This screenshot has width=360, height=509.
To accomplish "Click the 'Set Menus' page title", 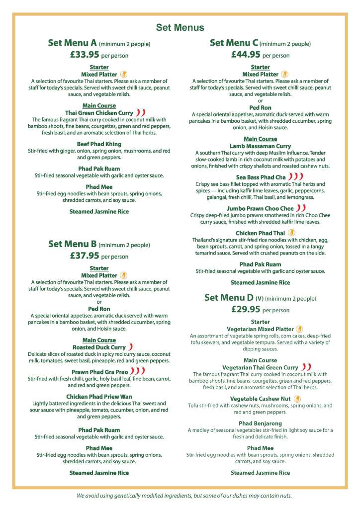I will click(180, 28).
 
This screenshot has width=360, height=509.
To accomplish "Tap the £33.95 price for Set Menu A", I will click(85, 55).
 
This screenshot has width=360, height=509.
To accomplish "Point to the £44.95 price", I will click(246, 55).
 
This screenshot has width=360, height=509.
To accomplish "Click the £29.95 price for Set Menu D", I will click(246, 309).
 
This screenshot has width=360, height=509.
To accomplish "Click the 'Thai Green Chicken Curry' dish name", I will click(99, 113).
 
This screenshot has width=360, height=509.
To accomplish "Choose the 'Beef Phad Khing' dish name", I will click(99, 144).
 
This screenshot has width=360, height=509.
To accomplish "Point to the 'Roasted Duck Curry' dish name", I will click(99, 347).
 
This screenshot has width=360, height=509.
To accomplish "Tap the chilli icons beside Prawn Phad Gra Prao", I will click(138, 370).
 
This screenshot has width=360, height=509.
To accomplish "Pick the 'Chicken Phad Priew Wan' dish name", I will click(99, 396).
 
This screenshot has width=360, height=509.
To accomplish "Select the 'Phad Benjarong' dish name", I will click(260, 424).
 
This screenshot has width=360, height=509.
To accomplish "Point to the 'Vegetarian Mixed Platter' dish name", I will click(260, 329).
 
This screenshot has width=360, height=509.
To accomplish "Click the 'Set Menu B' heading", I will click(72, 244).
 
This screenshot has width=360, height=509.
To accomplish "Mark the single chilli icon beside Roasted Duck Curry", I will click(130, 347).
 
